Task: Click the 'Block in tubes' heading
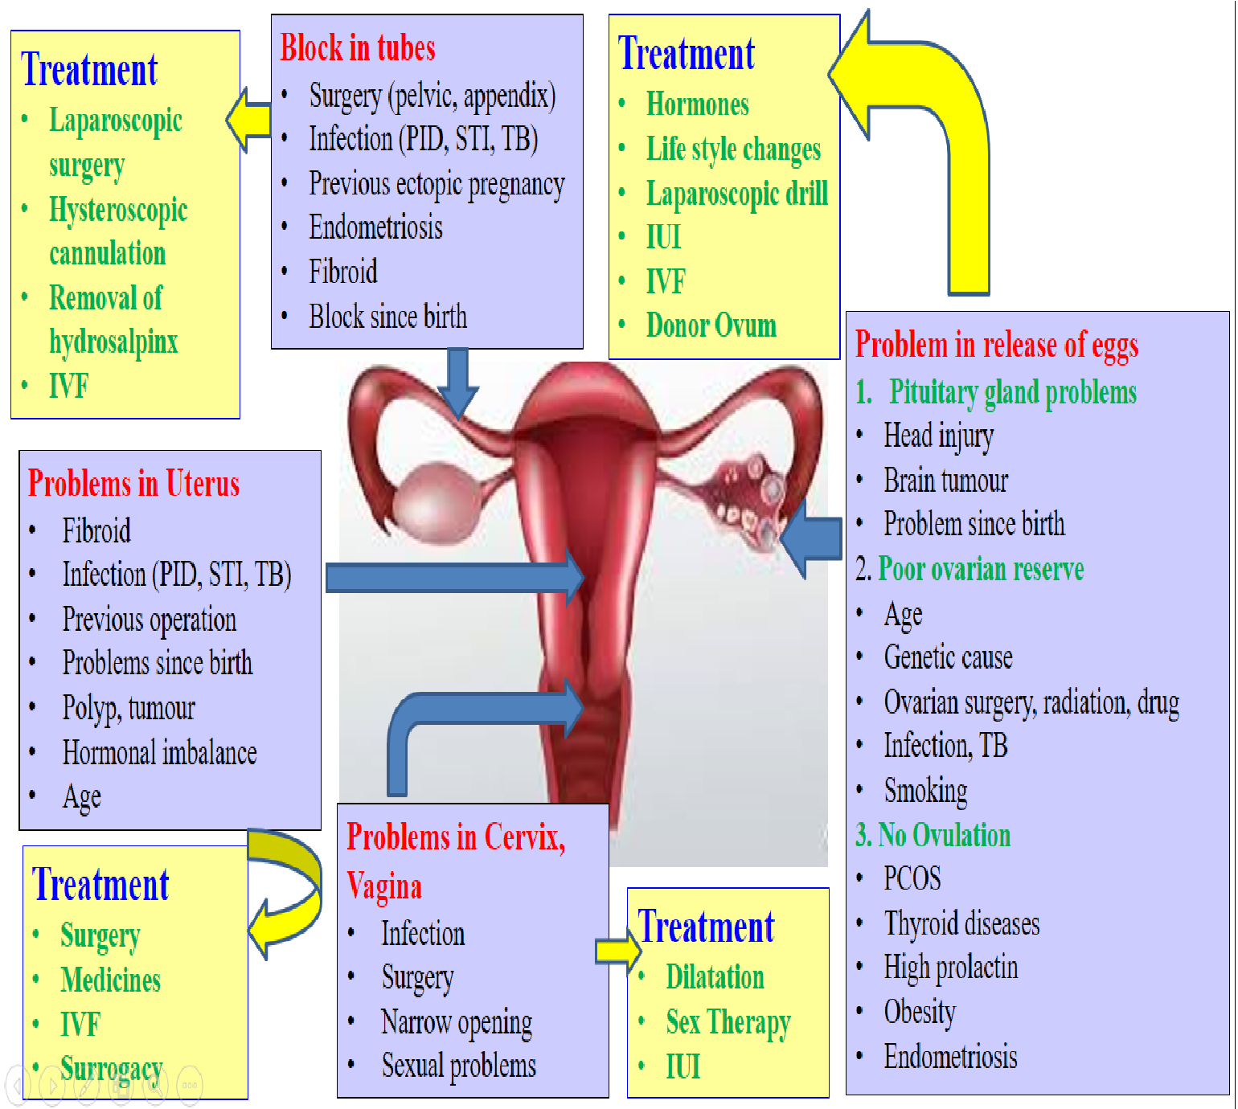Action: [358, 48]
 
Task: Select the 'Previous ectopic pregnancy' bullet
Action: [437, 184]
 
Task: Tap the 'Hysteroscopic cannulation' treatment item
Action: [117, 231]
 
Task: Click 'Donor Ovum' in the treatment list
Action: [711, 325]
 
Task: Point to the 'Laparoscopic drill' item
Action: [736, 194]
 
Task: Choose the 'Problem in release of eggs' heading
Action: [996, 345]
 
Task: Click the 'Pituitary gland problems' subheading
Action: [1012, 392]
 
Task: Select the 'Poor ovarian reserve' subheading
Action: [980, 569]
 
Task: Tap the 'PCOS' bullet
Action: [912, 878]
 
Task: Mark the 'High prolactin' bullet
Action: [950, 968]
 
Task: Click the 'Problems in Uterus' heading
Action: [133, 484]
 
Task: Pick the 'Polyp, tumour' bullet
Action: [129, 708]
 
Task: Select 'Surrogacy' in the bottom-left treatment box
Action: [111, 1069]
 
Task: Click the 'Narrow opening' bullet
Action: [456, 1022]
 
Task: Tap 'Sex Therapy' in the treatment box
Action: [728, 1022]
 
